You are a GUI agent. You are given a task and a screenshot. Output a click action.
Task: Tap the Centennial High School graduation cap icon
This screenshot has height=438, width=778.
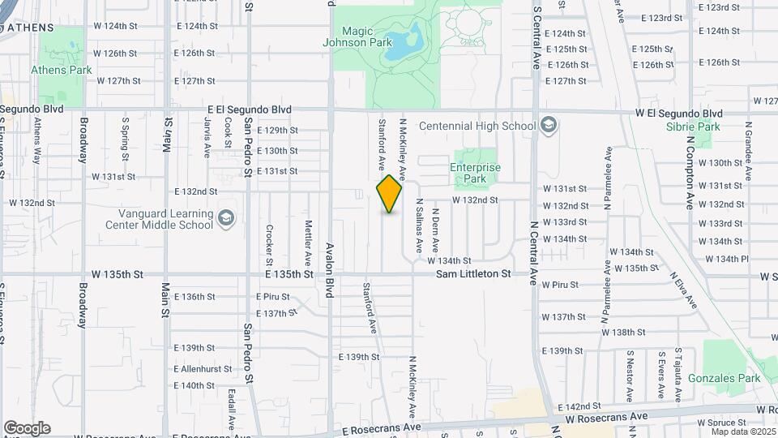[549, 125]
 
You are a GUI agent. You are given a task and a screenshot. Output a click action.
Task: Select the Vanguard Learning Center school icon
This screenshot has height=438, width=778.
[226, 218]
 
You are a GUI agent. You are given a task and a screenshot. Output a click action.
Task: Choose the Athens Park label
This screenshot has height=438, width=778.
[62, 70]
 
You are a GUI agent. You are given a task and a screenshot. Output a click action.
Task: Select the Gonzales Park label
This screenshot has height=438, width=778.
[724, 378]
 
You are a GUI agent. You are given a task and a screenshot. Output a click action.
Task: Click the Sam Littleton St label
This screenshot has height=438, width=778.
[473, 274]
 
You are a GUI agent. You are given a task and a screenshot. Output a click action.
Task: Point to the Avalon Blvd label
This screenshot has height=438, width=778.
[330, 270]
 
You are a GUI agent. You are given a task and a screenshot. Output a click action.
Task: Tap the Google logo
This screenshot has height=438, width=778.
[27, 427]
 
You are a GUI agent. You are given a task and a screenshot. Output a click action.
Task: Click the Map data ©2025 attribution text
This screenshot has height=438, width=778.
[743, 432]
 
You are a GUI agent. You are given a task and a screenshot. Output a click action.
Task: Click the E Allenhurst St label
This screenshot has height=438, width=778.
[202, 368]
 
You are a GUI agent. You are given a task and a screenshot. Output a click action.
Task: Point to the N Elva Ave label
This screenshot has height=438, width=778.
[682, 290]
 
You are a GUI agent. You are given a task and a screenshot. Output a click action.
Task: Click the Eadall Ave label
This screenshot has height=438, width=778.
[232, 409]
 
